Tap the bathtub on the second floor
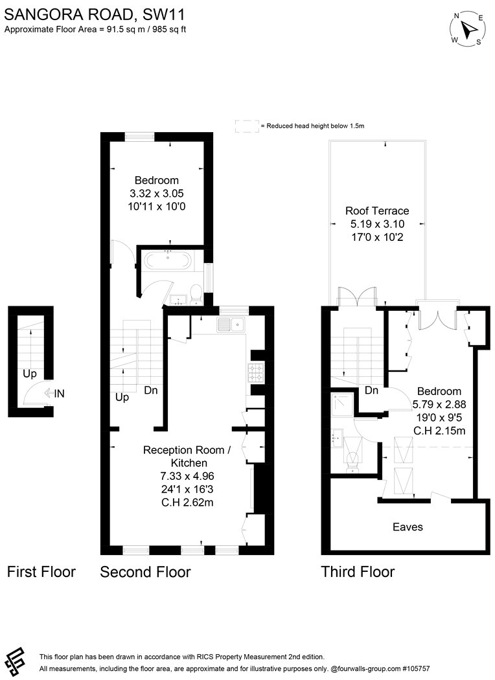167,261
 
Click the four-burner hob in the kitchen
256,372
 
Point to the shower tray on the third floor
343,404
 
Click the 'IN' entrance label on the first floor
60,393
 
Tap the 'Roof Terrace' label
377,210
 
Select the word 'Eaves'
408,527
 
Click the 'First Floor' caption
41,572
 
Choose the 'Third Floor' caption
358,572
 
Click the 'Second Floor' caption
145,572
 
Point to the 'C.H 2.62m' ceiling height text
187,503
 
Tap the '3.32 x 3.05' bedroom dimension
157,194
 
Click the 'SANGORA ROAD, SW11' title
95,15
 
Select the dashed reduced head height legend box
247,126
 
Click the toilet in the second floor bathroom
196,295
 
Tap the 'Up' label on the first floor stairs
30,374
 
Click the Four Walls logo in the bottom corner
14,661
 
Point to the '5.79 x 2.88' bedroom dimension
439,405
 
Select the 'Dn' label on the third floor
371,391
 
